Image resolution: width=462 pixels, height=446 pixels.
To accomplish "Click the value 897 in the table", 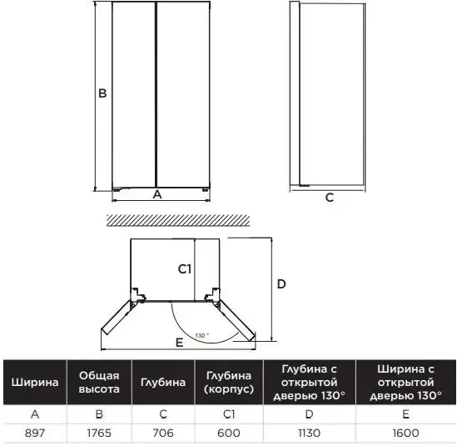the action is [35, 433].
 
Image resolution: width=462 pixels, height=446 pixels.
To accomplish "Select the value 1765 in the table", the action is [99, 433].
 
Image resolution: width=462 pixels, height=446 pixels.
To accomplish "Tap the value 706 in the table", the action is [163, 433].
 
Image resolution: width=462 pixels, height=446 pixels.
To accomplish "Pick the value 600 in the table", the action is [229, 433].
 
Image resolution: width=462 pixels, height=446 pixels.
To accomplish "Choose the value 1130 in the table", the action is [309, 433].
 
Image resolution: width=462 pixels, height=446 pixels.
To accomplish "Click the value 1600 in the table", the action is [405, 433].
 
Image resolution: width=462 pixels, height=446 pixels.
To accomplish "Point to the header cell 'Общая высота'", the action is [99, 383].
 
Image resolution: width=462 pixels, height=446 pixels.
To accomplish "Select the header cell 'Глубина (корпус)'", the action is [229, 383].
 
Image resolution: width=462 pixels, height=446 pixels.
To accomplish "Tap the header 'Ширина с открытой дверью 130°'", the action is [405, 383].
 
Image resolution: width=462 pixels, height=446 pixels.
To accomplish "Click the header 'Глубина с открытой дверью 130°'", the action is [309, 383].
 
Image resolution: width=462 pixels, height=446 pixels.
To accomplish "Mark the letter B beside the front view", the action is [102, 93].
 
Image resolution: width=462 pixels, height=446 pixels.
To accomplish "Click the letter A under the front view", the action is [157, 194].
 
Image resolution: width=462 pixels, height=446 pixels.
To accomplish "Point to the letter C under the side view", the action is [330, 198].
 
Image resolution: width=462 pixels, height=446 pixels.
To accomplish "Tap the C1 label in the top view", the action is [185, 269].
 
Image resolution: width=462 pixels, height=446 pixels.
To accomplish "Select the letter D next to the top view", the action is [281, 284].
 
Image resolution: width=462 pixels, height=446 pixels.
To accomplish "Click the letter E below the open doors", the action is [179, 343].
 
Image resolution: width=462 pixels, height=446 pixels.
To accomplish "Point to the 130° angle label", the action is [202, 336].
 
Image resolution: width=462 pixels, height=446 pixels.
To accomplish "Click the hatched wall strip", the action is [178, 220].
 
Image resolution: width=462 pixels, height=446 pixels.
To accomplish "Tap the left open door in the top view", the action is [118, 318].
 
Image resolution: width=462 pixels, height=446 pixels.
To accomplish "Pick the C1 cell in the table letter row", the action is [229, 414].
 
